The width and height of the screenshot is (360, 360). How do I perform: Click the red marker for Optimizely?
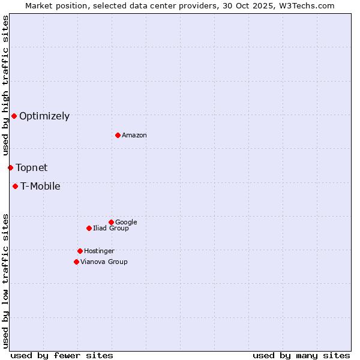14,116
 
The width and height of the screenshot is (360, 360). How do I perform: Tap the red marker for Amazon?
118,135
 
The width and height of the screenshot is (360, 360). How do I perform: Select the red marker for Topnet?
10,167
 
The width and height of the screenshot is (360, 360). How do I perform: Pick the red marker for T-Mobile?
15,186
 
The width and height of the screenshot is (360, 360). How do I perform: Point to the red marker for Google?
111,222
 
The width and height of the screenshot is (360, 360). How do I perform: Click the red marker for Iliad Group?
89,228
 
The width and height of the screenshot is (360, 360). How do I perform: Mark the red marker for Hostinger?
80,251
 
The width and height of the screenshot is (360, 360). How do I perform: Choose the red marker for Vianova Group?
76,262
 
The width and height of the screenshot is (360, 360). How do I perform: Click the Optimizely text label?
44,116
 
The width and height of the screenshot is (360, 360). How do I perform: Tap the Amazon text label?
134,136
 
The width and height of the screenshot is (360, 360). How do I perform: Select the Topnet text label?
32,168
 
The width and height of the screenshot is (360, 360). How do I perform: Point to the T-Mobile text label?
40,187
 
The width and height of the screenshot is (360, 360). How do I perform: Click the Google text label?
126,223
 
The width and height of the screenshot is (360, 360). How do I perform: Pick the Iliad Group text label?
111,229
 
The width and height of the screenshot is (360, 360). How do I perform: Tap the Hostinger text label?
99,251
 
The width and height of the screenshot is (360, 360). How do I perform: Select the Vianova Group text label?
104,262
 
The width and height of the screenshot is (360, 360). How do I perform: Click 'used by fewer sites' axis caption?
62,356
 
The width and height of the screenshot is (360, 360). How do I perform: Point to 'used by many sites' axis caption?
301,356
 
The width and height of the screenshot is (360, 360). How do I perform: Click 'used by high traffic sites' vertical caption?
5,86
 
